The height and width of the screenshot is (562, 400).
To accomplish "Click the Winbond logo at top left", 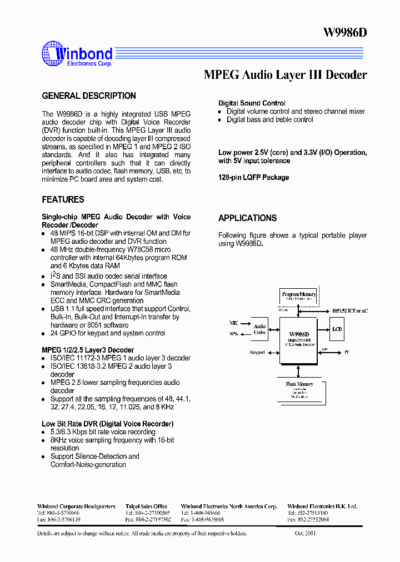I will coord(77,54).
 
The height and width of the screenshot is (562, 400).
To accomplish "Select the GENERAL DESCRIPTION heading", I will coord(89,96).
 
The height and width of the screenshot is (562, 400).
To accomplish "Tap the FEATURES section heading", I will coord(63,199).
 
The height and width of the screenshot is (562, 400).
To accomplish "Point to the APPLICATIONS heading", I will coord(247,218).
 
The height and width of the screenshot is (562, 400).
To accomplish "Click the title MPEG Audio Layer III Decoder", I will coord(286,75).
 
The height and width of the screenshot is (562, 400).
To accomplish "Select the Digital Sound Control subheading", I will coord(252,103).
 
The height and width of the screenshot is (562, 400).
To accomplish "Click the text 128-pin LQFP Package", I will coord(253,177).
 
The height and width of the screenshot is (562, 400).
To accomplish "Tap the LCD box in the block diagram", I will coord(337,329).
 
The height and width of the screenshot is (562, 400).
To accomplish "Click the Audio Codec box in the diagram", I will coord(259,329).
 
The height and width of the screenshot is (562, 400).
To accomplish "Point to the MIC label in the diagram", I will coord(234,323).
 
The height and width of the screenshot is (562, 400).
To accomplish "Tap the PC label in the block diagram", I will coord(347,352).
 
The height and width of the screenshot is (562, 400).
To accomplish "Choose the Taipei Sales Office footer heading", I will coord(146,506).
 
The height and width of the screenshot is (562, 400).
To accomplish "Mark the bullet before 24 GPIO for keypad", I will coord(44,334).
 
